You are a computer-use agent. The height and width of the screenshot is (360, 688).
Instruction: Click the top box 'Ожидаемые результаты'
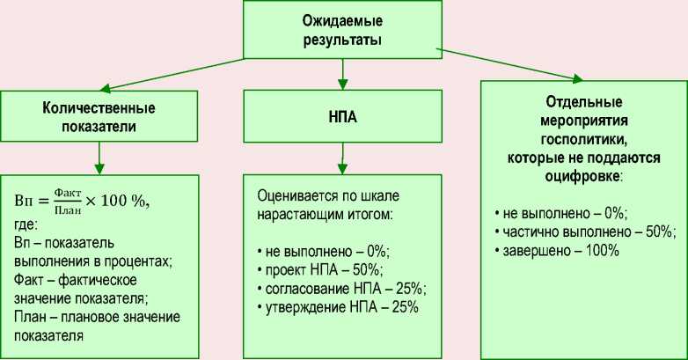coord(343,29)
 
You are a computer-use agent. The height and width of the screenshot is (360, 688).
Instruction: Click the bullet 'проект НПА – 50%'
coord(324,268)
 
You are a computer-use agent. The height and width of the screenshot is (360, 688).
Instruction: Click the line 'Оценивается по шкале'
coord(323,194)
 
